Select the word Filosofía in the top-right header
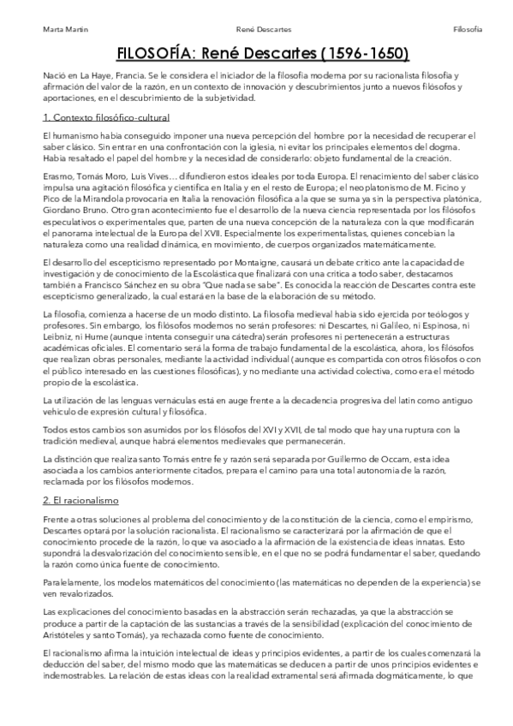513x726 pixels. coord(468,30)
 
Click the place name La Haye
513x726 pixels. coord(91,77)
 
